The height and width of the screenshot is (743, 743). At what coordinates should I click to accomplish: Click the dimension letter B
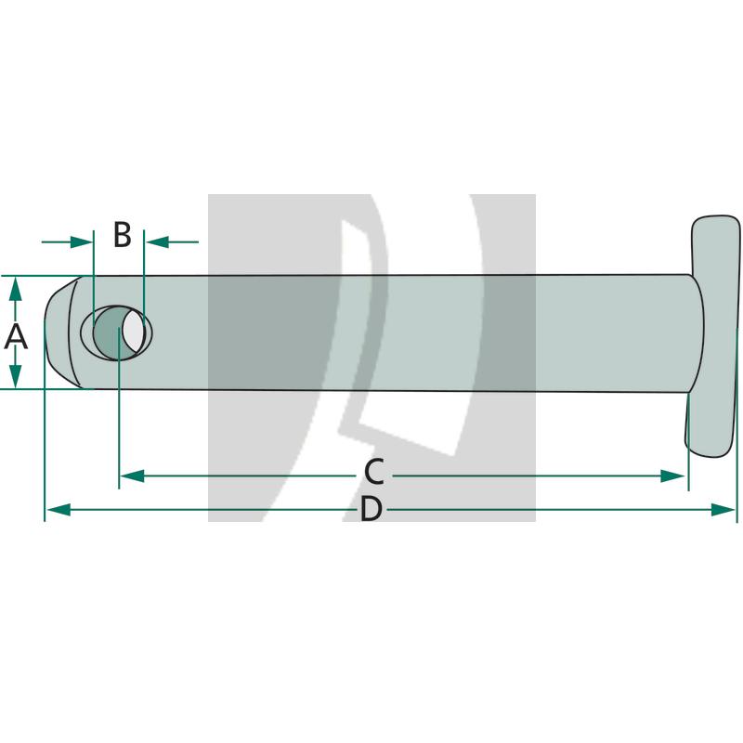[x=122, y=236]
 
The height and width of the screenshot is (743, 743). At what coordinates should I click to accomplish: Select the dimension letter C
[x=373, y=473]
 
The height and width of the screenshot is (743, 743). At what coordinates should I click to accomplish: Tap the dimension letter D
[x=371, y=510]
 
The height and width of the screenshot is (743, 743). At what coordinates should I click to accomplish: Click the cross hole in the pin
[x=117, y=332]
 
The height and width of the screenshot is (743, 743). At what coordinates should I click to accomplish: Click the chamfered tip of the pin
[x=61, y=332]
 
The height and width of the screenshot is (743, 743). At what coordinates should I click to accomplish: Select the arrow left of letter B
[x=80, y=242]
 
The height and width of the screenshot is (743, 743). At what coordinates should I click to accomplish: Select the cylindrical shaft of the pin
[x=418, y=332]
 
